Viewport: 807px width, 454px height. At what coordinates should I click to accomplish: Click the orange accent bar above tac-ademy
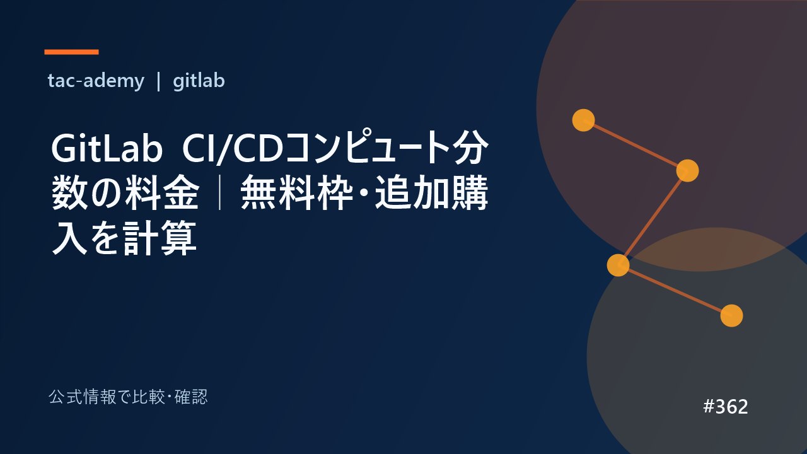[x=71, y=52]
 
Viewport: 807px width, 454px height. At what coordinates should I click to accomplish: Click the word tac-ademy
[x=96, y=81]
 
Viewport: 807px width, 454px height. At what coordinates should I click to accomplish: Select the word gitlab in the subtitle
[x=199, y=81]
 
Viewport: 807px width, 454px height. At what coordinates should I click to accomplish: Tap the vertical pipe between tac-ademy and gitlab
[x=158, y=82]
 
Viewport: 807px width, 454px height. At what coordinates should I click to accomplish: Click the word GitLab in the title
[x=107, y=148]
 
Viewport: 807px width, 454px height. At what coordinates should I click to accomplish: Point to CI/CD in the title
[x=233, y=149]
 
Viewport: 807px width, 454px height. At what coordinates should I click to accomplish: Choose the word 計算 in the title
[x=160, y=238]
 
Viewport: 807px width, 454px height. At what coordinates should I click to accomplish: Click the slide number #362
[x=726, y=407]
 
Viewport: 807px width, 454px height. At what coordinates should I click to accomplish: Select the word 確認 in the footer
[x=191, y=397]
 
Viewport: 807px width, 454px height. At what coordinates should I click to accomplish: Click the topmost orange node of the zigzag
[x=583, y=120]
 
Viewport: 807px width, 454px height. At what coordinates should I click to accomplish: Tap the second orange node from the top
[x=687, y=170]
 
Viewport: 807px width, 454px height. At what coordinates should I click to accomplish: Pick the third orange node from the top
[x=618, y=265]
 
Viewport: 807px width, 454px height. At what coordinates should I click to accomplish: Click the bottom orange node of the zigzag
[x=732, y=316]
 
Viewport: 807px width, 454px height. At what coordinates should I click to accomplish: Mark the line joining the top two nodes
[x=636, y=145]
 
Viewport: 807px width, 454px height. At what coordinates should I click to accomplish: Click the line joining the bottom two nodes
[x=675, y=291]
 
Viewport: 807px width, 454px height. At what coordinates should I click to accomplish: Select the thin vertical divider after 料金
[x=220, y=192]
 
